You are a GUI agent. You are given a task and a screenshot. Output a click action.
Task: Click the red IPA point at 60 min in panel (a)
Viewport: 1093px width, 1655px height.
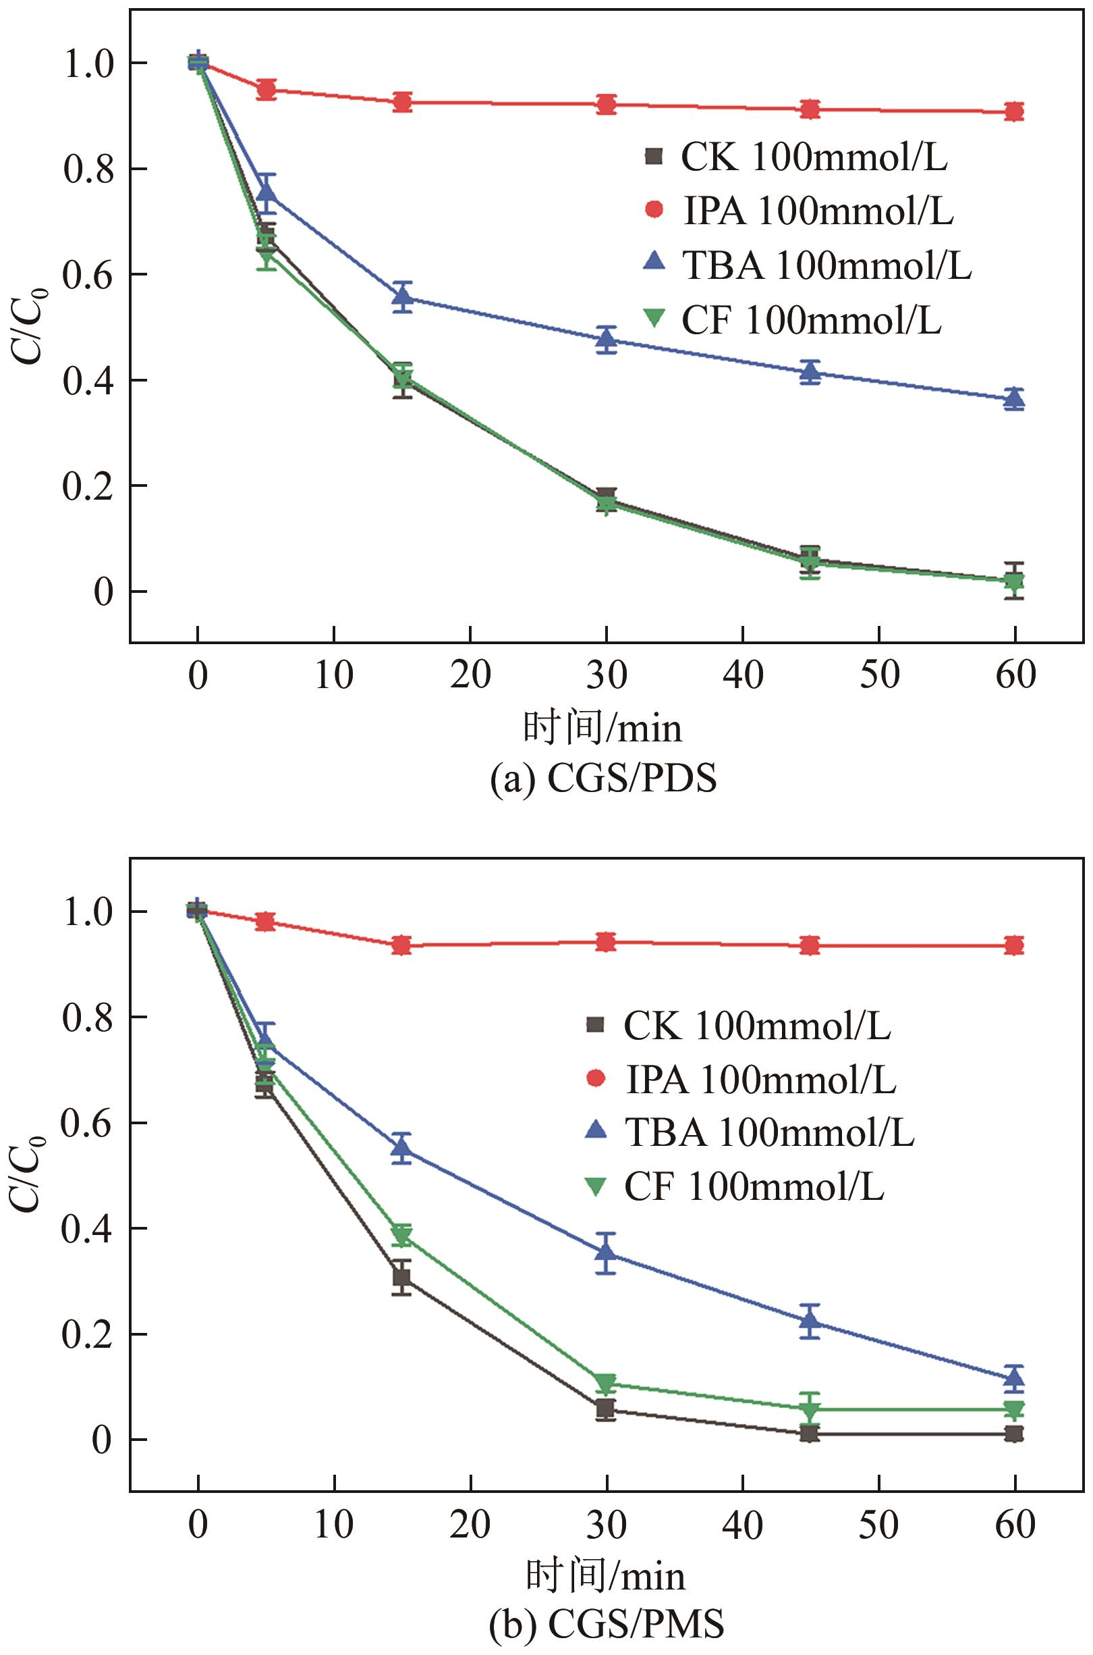coord(1014,111)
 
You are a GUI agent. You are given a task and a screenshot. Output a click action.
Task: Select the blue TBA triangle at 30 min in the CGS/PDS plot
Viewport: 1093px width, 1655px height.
coord(607,340)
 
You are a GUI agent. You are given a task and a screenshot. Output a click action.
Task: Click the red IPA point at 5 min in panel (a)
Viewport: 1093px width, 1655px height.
coord(267,89)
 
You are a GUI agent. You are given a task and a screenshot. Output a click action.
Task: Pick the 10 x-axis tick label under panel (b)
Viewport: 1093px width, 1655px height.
coord(334,1525)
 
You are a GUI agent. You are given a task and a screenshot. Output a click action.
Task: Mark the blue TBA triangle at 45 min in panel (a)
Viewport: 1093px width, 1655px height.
coord(810,373)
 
